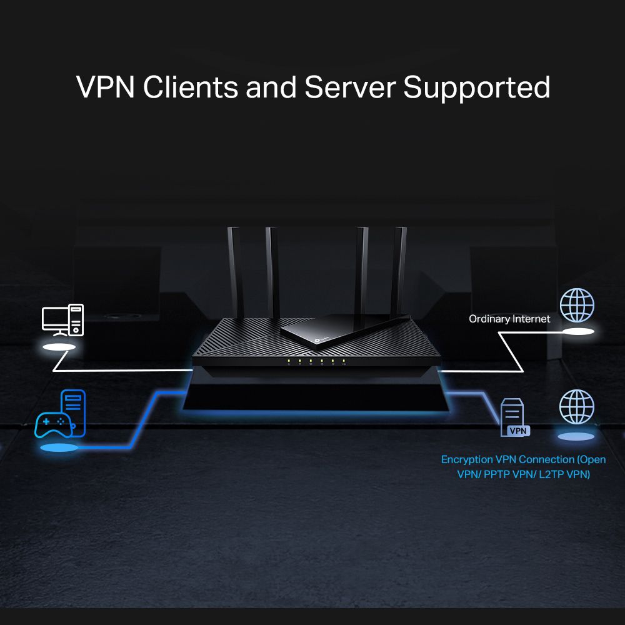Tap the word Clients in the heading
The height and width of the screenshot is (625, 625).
tap(190, 87)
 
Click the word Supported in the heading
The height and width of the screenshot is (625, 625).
tap(477, 87)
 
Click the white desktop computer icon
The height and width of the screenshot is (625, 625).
tap(62, 319)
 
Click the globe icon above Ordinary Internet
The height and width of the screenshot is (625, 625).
tap(577, 304)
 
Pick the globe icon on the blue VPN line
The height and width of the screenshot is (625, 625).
tap(576, 407)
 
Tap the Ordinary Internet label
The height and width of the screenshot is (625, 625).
tap(509, 319)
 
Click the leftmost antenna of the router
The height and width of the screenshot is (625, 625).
tap(235, 269)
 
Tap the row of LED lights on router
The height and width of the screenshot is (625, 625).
tap(316, 361)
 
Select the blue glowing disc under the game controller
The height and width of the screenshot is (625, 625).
tap(59, 447)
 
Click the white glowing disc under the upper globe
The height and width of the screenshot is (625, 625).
tap(577, 332)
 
